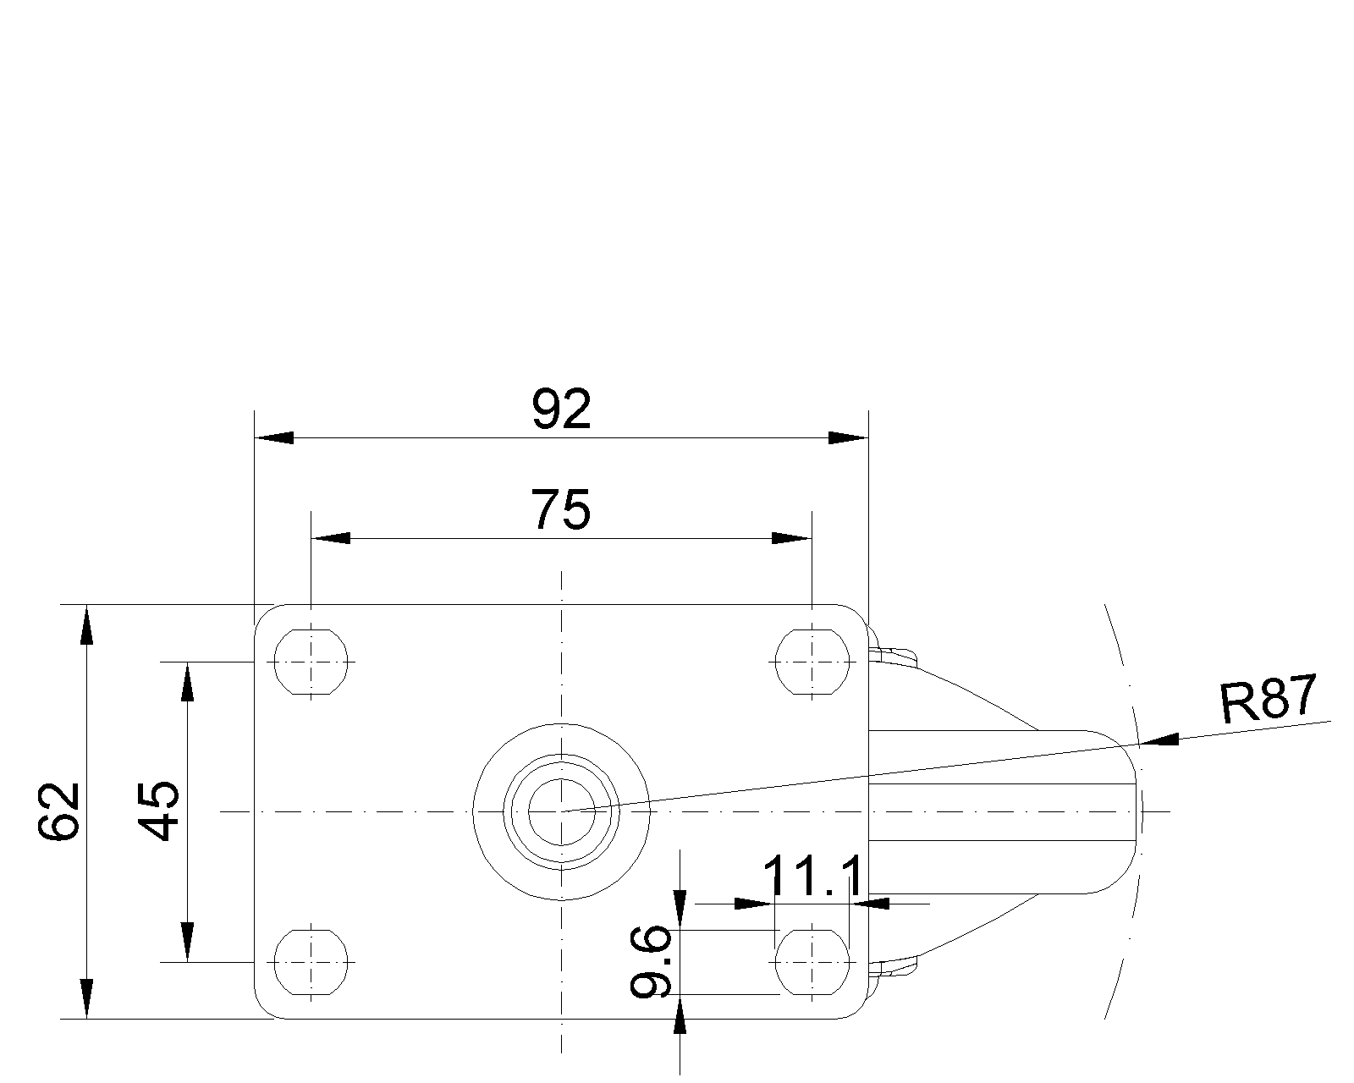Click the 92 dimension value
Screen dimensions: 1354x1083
pos(561,409)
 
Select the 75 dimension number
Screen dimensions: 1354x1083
pos(561,509)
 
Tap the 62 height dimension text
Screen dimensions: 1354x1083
pos(59,811)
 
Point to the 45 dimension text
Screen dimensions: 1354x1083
pos(159,811)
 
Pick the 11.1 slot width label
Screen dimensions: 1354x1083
pos(812,876)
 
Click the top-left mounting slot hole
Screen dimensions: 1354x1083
pos(311,662)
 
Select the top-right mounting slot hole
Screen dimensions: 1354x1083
pos(812,662)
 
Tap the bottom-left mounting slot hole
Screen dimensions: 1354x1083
pos(311,962)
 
